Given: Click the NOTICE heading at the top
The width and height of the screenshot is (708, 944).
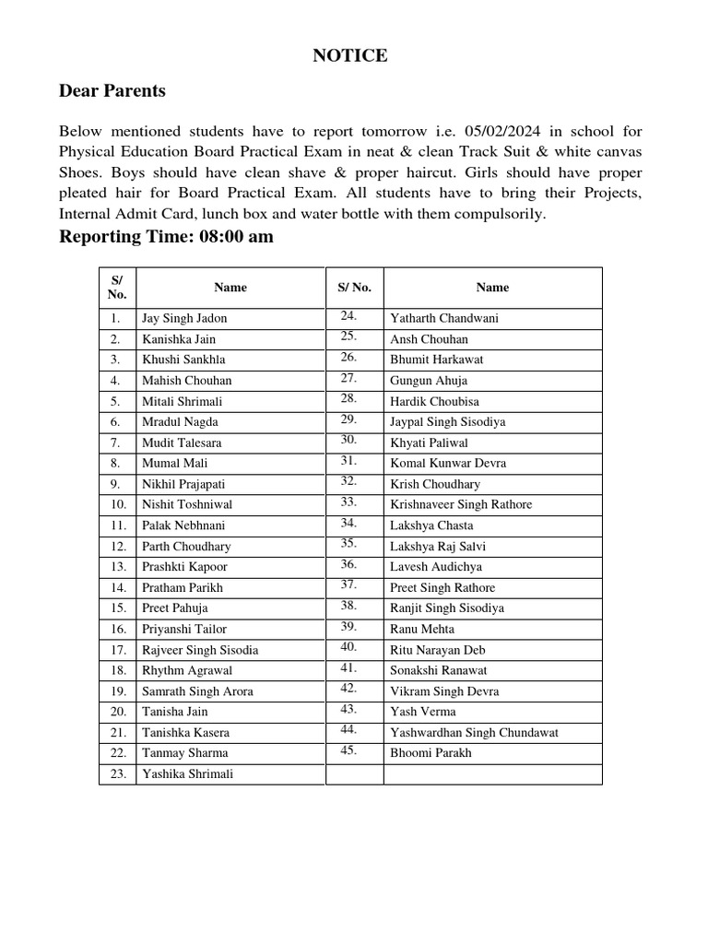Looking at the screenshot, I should (x=349, y=56).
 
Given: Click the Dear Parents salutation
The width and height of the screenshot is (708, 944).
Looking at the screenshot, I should (x=112, y=90).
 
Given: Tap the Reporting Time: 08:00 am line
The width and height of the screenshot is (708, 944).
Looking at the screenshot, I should (x=166, y=237).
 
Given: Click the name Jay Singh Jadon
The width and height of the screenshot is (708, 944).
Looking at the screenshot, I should (x=184, y=318).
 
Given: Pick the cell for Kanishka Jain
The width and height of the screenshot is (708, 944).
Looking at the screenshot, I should (x=178, y=339).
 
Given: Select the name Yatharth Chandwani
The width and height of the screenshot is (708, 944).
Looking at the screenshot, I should (x=444, y=318).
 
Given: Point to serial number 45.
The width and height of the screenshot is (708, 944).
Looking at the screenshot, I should (x=348, y=749).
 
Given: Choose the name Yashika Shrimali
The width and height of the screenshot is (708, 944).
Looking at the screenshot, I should (x=187, y=774).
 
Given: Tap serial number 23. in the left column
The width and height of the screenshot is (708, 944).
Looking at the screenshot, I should (x=117, y=774).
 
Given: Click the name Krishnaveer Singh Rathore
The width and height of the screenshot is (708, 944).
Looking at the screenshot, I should (x=461, y=504).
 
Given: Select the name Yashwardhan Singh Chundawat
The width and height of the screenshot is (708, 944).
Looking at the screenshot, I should (x=474, y=733).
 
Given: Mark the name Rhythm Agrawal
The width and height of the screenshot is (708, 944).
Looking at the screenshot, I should (x=187, y=670).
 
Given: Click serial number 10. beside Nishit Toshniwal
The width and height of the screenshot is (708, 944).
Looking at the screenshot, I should (x=118, y=504).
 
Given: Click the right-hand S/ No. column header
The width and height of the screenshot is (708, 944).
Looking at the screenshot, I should (x=354, y=288).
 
